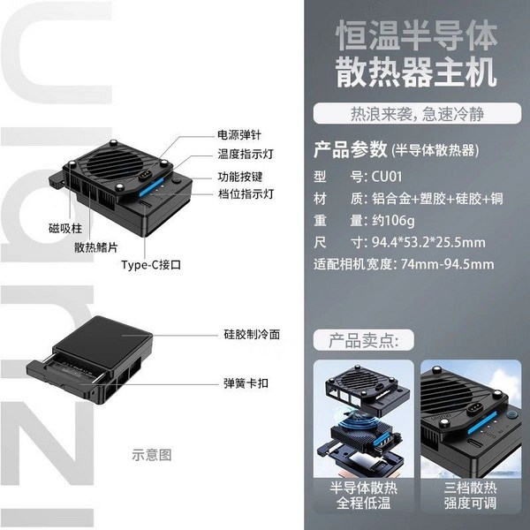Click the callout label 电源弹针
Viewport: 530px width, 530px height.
coord(239,135)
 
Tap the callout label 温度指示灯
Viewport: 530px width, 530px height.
coord(246,154)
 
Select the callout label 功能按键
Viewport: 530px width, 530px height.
coord(240,177)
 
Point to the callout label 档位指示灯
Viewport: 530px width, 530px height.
coord(246,194)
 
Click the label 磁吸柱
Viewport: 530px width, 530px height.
coord(65,229)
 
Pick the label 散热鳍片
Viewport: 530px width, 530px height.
coord(96,247)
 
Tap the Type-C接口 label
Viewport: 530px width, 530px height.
coord(151,265)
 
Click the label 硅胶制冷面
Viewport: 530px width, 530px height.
coord(252,335)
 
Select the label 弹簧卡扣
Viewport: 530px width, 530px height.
coord(246,383)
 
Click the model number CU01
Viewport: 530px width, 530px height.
coord(387,177)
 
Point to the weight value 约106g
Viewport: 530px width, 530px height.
coord(393,221)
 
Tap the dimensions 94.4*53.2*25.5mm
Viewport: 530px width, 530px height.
coord(428,242)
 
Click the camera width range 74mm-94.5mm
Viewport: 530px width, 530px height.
coord(448,264)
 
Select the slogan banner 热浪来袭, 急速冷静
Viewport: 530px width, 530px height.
coord(417,114)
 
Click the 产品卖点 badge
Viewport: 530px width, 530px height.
coord(364,340)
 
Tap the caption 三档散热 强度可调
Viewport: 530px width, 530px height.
coord(471,496)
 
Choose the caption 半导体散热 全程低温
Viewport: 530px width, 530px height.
coord(364,496)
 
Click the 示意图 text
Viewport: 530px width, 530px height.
coord(152,455)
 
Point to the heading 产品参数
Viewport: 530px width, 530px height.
coord(350,149)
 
